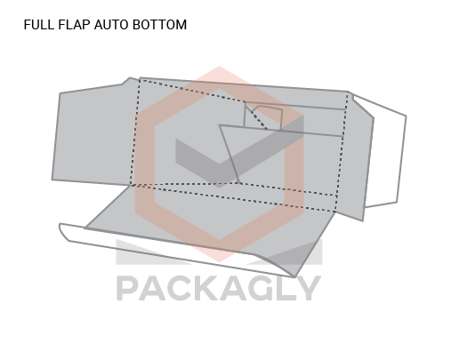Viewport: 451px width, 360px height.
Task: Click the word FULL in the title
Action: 39,25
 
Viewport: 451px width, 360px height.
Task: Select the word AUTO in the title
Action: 111,25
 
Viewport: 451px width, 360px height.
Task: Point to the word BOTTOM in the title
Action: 159,25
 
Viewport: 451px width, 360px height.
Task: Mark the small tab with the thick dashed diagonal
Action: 262,116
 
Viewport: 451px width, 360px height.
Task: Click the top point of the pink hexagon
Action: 220,67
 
